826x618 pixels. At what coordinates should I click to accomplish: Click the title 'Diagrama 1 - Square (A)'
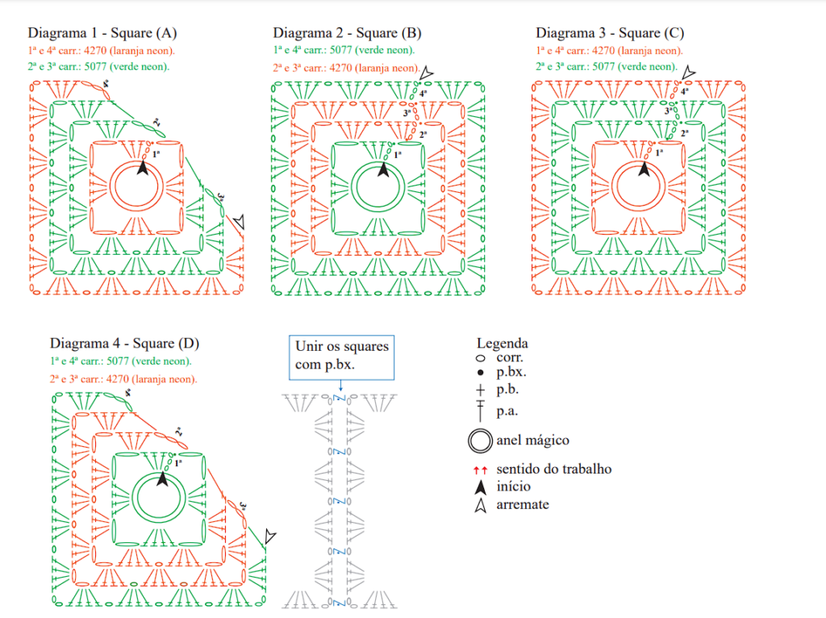[102, 33]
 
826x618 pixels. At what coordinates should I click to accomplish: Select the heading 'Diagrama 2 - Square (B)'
[347, 33]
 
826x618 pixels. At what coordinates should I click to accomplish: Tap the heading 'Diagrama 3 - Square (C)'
[610, 33]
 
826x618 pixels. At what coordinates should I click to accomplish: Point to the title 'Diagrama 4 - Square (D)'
[124, 344]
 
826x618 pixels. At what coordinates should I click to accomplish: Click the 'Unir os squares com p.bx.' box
[341, 357]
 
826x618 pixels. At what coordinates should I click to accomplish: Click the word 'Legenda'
[502, 343]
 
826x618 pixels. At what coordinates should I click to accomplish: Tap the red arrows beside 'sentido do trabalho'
[480, 470]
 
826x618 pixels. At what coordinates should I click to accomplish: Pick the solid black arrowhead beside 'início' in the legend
[481, 486]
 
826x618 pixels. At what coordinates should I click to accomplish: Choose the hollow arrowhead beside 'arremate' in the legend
[481, 505]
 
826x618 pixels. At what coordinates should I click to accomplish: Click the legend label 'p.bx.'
[511, 372]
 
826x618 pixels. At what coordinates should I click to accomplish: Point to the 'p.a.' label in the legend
[507, 411]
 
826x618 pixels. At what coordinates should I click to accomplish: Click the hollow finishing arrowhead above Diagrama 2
[426, 73]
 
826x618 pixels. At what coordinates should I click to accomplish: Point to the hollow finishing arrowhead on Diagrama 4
[270, 536]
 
